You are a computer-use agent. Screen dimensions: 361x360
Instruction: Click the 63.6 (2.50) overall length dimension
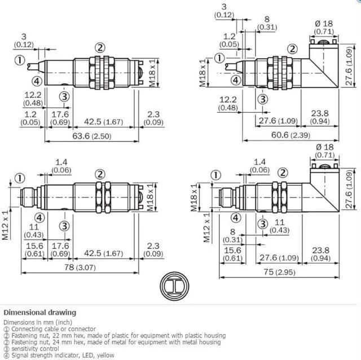[x=91, y=136]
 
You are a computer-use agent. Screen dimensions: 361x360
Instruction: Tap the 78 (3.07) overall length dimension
[x=80, y=267]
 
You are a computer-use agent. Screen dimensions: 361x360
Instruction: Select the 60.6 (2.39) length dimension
[x=290, y=135]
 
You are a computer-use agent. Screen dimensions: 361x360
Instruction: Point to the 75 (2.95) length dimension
[x=279, y=272]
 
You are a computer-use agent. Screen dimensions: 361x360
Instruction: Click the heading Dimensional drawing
[x=40, y=313]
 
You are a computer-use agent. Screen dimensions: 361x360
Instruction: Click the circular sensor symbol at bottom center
[x=174, y=286]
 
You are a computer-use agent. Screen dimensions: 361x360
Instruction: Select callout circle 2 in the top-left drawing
[x=100, y=48]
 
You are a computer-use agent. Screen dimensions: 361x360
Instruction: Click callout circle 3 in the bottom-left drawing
[x=64, y=226]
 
